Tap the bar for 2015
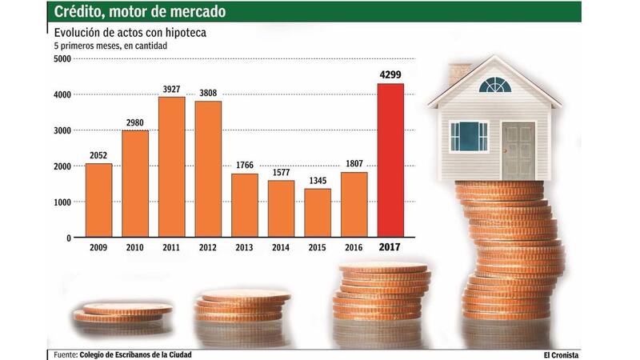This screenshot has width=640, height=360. (x=318, y=213)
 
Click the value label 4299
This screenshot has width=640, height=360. (x=391, y=75)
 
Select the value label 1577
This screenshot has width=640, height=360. (x=281, y=172)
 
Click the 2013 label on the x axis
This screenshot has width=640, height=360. (x=245, y=248)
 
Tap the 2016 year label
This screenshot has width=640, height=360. (x=354, y=248)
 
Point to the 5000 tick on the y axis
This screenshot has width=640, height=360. (x=62, y=58)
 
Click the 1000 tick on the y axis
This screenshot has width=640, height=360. (x=62, y=202)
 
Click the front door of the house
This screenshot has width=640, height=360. (x=518, y=150)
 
